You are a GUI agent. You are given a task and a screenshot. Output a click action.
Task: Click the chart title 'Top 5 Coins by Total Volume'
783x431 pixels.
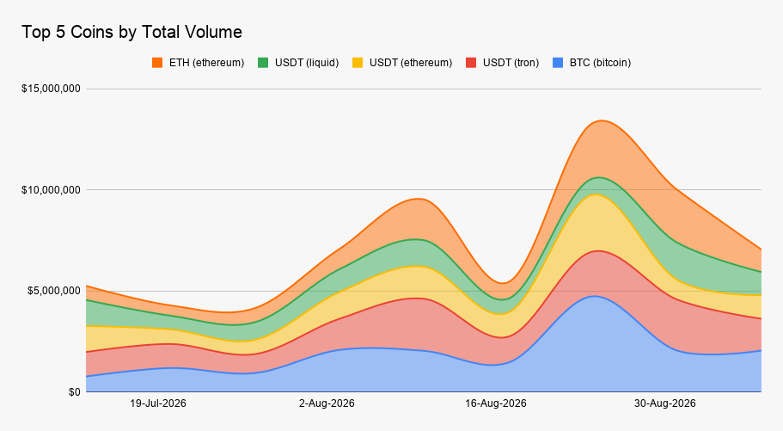click(132, 32)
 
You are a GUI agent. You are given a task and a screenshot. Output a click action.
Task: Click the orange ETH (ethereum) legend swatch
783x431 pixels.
click(157, 63)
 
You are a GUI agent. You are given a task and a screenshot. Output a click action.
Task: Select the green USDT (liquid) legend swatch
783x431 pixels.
click(263, 63)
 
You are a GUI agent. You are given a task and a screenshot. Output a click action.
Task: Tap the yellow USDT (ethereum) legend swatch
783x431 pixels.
click(358, 63)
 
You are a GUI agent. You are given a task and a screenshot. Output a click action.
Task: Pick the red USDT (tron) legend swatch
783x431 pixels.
click(471, 63)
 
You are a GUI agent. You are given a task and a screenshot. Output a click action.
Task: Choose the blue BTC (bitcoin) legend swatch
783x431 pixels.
click(558, 63)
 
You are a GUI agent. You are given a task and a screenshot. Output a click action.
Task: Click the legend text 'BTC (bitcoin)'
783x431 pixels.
click(600, 63)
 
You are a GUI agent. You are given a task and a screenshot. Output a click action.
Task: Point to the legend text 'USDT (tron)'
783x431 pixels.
click(511, 63)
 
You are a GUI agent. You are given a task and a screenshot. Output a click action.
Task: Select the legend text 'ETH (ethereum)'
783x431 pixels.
click(207, 63)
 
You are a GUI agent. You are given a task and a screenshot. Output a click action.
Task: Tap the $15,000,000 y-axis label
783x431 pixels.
click(51, 89)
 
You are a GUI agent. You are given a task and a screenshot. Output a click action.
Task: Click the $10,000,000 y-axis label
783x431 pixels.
click(51, 190)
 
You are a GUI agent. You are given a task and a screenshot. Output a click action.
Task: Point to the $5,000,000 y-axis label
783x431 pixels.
click(53, 291)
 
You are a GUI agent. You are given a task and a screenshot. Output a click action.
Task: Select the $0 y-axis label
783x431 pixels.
click(75, 392)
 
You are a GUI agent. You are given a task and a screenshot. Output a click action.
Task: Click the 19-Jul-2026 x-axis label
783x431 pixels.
click(158, 403)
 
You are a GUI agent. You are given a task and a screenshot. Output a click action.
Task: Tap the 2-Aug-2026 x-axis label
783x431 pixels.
click(327, 403)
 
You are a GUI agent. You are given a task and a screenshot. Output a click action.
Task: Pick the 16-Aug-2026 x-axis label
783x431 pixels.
click(496, 403)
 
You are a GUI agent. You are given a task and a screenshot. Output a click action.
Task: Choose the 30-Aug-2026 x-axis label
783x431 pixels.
click(664, 403)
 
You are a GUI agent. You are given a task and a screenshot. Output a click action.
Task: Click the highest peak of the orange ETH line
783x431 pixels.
click(602, 120)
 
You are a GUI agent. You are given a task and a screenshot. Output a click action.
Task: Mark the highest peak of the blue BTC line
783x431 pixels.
click(594, 296)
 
